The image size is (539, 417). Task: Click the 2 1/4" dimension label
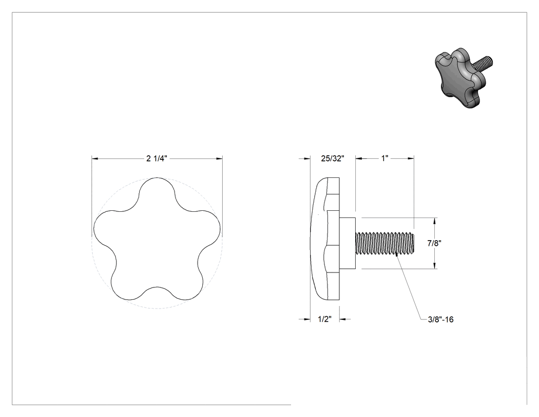point(157,158)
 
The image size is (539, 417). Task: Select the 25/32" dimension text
point(333,158)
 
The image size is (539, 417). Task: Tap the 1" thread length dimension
point(384,158)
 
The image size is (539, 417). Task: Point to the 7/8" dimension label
point(434,243)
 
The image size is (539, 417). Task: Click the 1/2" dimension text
point(324,319)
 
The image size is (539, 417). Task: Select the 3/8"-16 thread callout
point(440,319)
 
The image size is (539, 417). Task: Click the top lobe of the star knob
point(157,188)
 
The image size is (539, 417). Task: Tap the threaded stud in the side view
point(384,243)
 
